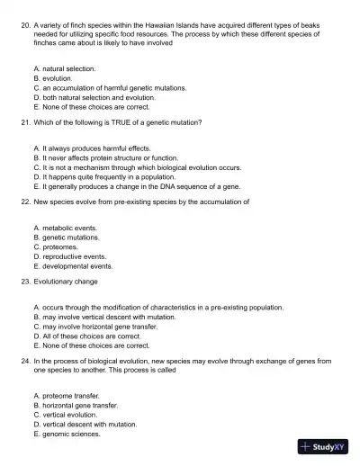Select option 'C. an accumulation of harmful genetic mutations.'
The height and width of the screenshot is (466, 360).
click(x=109, y=88)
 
